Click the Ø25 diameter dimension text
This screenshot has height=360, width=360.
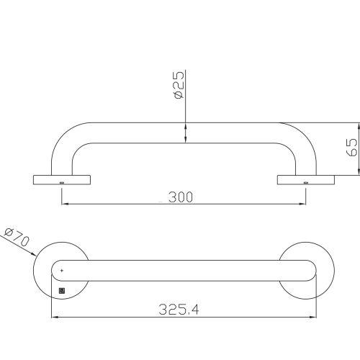click(x=179, y=85)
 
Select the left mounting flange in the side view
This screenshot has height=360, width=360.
click(x=62, y=179)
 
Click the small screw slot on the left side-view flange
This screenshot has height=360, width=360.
click(x=62, y=183)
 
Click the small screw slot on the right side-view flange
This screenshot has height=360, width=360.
click(x=306, y=183)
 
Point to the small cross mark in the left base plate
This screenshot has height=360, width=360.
click(x=62, y=270)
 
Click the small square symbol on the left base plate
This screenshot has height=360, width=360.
click(x=62, y=291)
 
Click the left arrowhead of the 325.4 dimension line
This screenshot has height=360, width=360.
click(x=52, y=316)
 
